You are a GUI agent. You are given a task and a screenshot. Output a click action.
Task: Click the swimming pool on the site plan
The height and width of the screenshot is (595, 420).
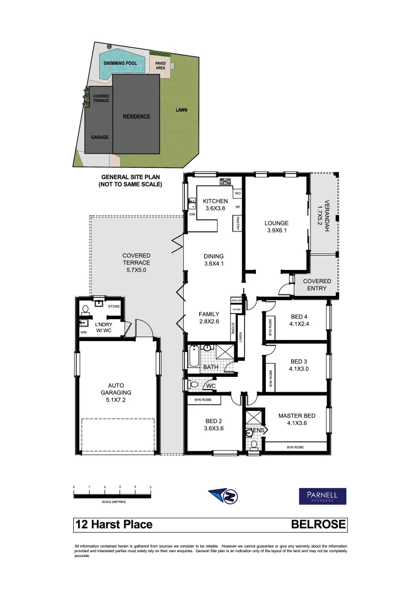click(x=122, y=63)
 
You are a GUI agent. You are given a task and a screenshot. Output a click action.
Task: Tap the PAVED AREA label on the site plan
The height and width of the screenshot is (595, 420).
click(x=161, y=66)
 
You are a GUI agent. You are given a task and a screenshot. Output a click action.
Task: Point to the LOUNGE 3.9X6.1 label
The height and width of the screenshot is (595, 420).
click(x=276, y=226)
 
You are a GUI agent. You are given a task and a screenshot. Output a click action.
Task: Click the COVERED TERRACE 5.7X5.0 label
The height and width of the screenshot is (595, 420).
click(x=136, y=263)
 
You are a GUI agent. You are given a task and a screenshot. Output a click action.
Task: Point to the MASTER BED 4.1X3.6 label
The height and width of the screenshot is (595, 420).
click(x=297, y=419)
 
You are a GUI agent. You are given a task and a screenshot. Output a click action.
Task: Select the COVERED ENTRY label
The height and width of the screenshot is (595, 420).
click(x=317, y=284)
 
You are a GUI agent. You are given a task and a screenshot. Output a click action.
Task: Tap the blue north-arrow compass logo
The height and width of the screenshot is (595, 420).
click(x=223, y=495)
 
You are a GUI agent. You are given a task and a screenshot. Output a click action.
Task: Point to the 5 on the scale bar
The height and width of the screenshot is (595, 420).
click(x=150, y=488)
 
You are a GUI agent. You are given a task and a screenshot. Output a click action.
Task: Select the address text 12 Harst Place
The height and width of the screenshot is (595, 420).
click(x=113, y=524)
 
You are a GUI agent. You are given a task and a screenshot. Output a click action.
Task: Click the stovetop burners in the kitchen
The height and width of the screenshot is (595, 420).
click(x=225, y=181)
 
